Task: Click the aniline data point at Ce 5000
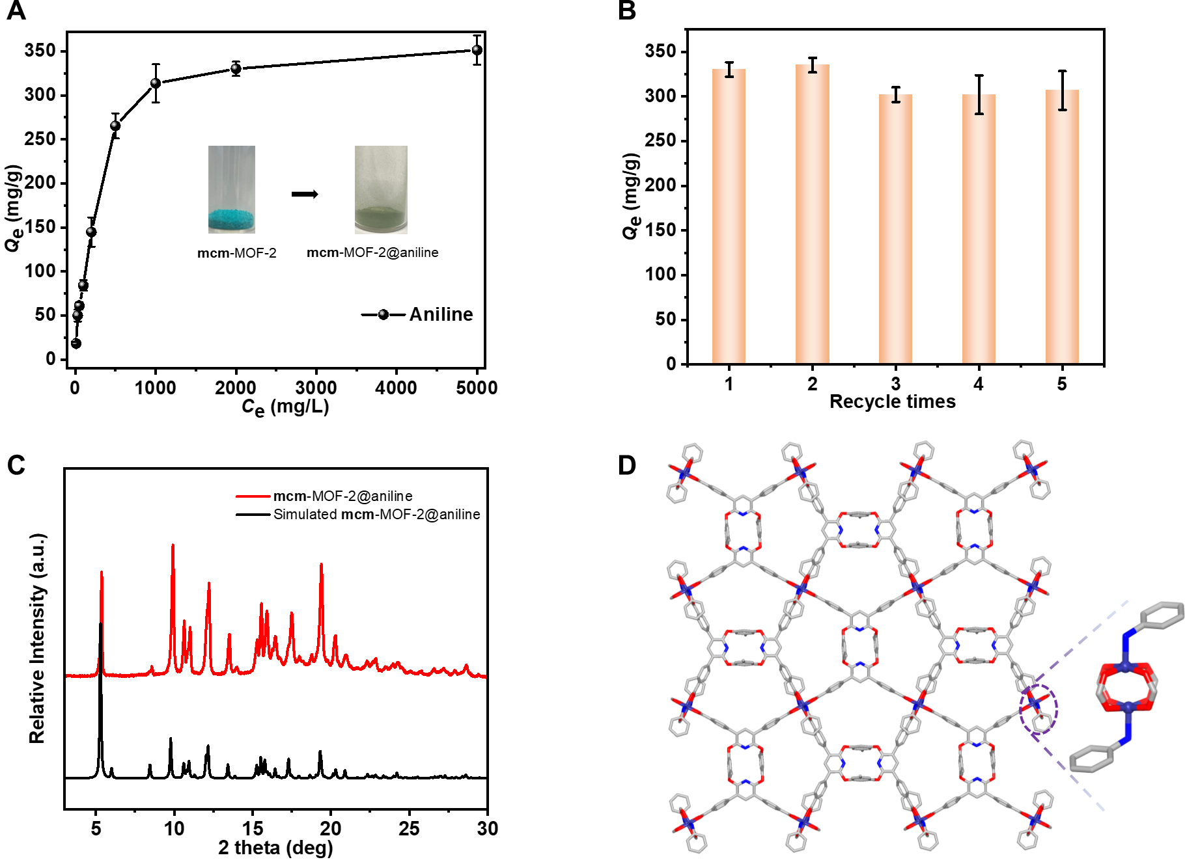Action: (x=477, y=50)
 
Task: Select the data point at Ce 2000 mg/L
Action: (x=236, y=68)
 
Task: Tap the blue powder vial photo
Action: (x=231, y=189)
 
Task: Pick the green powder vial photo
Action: (x=381, y=189)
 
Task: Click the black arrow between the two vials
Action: (x=304, y=194)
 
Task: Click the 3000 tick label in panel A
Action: (x=316, y=388)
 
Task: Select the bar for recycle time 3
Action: (x=895, y=228)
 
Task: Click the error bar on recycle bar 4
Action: (x=979, y=95)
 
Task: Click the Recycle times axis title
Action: (x=892, y=401)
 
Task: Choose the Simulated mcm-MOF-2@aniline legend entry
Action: (x=376, y=514)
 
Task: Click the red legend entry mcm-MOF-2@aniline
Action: (x=342, y=496)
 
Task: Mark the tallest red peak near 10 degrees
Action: (x=173, y=545)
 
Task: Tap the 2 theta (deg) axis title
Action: (x=275, y=848)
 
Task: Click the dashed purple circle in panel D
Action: (x=1039, y=709)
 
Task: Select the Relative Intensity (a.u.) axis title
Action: (x=38, y=638)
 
